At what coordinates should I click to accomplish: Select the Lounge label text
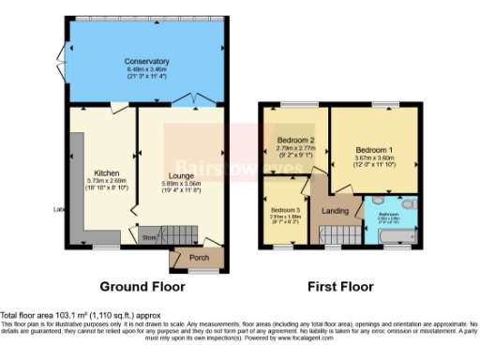(x=180, y=175)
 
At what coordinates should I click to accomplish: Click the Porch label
(x=199, y=258)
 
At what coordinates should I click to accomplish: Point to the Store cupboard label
(x=148, y=238)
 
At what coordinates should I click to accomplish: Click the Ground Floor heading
(x=146, y=286)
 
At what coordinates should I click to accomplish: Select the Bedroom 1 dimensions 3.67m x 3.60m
(x=373, y=158)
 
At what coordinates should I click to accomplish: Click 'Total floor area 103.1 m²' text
(x=47, y=314)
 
